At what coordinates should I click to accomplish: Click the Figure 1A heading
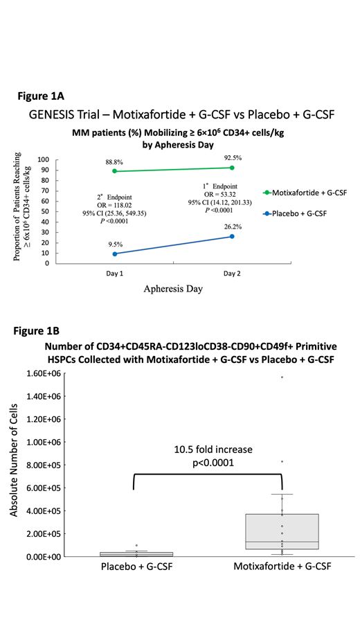(x=46, y=96)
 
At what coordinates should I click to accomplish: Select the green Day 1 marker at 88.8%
(x=115, y=171)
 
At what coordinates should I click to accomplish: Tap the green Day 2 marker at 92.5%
(x=232, y=168)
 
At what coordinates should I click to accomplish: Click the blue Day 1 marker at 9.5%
(x=115, y=254)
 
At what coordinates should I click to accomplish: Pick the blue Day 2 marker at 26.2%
(x=232, y=236)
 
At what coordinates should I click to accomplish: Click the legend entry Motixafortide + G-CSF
(x=309, y=192)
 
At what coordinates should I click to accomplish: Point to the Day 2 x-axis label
(x=232, y=274)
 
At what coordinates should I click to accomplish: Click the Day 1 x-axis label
(x=115, y=274)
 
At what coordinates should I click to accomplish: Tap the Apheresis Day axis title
(x=173, y=290)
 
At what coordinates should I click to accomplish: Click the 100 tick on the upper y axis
(x=43, y=159)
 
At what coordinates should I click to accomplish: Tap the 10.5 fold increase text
(x=213, y=450)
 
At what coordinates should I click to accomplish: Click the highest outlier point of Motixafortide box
(x=282, y=377)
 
